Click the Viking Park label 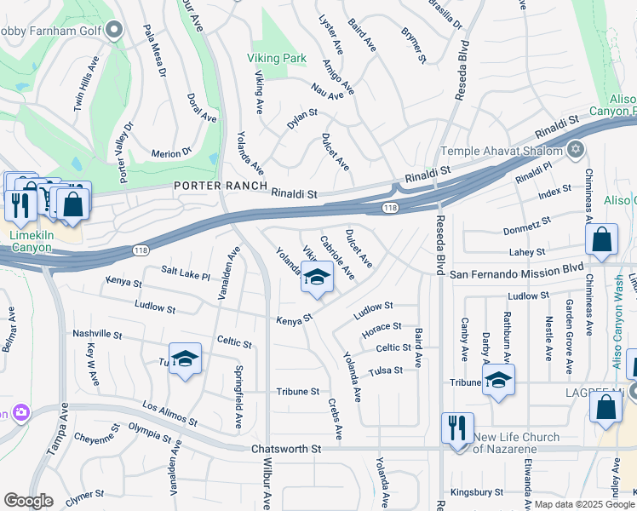pos(276,59)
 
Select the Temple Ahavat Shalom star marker pos(576,150)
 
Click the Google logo pos(28,501)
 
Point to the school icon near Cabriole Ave pos(317,278)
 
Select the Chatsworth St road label pos(285,448)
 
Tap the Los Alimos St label pos(169,414)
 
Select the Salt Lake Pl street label pos(185,272)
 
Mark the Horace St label pos(381,327)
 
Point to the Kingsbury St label pos(478,491)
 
